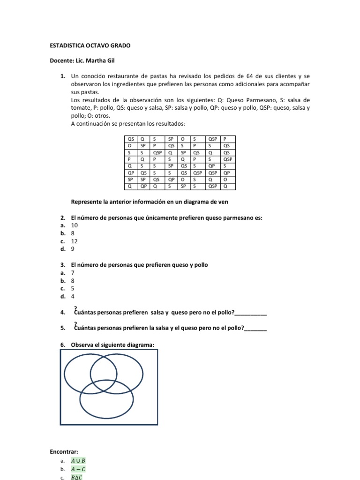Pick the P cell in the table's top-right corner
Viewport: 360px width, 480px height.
click(x=229, y=139)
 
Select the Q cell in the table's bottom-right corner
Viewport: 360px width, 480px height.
click(x=229, y=186)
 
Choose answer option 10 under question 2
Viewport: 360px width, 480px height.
click(x=74, y=225)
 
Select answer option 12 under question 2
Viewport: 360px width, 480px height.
click(x=74, y=241)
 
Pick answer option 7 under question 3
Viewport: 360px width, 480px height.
click(x=73, y=273)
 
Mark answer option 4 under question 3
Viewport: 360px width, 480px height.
click(x=73, y=297)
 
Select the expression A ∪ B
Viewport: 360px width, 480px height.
click(x=78, y=460)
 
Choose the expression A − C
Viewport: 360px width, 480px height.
click(x=78, y=469)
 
